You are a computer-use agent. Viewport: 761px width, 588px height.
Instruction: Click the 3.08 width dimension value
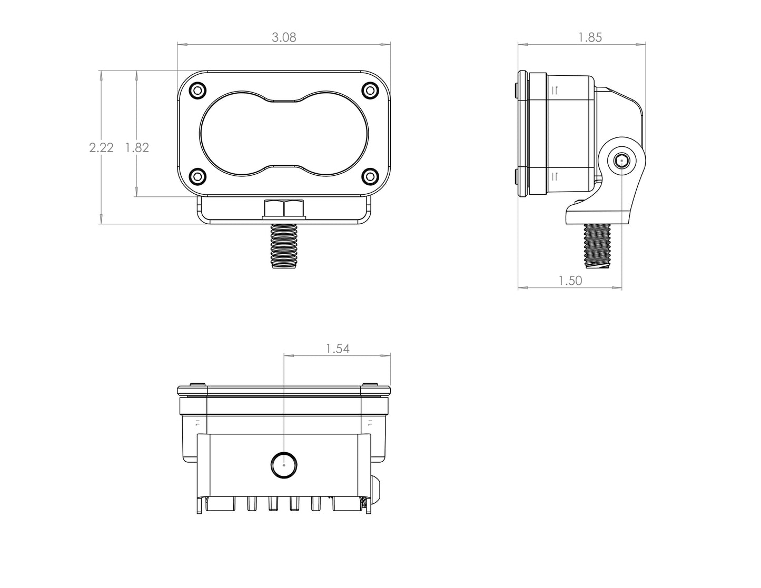(x=284, y=37)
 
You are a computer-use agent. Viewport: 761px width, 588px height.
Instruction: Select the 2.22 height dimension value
(x=101, y=148)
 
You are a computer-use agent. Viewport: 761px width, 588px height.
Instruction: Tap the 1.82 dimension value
(x=137, y=148)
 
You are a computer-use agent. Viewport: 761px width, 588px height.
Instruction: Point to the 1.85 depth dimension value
(x=590, y=37)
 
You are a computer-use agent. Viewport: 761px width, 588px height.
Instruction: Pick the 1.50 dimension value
(x=570, y=281)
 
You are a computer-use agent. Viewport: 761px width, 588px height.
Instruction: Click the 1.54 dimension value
(x=338, y=348)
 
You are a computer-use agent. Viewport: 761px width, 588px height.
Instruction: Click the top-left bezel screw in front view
(x=197, y=91)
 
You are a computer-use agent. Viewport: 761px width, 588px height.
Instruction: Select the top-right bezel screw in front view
(x=371, y=91)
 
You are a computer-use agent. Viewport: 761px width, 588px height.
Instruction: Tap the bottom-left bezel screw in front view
(x=197, y=176)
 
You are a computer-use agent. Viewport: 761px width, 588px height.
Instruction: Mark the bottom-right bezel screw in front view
(x=371, y=176)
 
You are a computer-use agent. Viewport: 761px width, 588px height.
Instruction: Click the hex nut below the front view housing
(x=284, y=210)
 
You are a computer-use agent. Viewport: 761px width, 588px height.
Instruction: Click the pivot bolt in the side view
(x=621, y=161)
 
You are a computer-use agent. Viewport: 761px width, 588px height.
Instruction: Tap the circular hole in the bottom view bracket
(x=284, y=465)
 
